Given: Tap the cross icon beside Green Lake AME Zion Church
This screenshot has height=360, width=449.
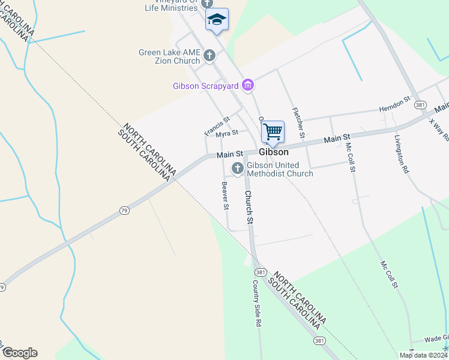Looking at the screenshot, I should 209,56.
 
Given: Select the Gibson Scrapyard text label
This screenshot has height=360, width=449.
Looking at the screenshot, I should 206,86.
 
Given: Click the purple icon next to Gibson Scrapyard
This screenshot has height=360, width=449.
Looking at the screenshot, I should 247,86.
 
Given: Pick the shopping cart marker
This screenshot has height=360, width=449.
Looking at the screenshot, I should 273,131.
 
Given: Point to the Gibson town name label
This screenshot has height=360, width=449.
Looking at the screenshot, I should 274,152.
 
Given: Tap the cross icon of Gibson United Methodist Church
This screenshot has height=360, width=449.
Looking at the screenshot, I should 237,169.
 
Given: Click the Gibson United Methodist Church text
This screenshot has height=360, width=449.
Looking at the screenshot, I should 280,169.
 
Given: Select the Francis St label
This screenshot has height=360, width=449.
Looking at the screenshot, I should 217,127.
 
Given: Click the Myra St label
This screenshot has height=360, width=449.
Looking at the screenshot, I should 228,133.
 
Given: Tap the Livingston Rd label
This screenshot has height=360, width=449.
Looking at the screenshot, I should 402,154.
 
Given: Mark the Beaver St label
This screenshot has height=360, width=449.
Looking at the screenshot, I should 225,196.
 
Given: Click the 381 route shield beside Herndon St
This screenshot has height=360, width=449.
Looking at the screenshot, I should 420,105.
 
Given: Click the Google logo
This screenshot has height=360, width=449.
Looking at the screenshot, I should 20,353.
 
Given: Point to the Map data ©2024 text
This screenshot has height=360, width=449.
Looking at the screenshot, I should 423,355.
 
